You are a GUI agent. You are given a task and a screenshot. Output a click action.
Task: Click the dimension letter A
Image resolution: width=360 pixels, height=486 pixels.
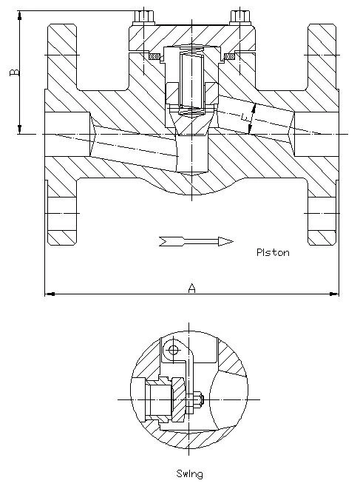[x=192, y=288]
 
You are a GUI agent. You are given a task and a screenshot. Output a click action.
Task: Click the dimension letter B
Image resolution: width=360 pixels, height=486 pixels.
[x=15, y=72]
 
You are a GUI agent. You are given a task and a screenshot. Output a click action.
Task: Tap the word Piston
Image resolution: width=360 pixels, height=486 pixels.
[x=273, y=252]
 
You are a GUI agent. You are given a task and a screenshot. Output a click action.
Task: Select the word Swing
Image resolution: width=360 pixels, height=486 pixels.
[x=190, y=474]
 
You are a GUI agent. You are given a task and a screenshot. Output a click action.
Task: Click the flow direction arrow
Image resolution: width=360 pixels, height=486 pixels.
[x=196, y=241]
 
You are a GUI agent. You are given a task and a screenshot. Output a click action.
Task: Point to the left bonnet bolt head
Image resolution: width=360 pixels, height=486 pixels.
[x=144, y=17]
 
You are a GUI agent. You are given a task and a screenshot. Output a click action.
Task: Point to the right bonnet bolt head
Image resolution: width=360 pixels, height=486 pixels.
[x=240, y=17]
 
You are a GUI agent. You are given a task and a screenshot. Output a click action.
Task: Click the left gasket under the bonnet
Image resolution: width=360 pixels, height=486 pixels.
[x=154, y=56]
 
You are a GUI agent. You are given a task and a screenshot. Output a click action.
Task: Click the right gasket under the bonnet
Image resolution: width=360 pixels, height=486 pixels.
[x=229, y=56]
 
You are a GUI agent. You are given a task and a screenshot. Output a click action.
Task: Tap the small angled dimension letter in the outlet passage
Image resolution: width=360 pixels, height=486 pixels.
[x=245, y=117]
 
